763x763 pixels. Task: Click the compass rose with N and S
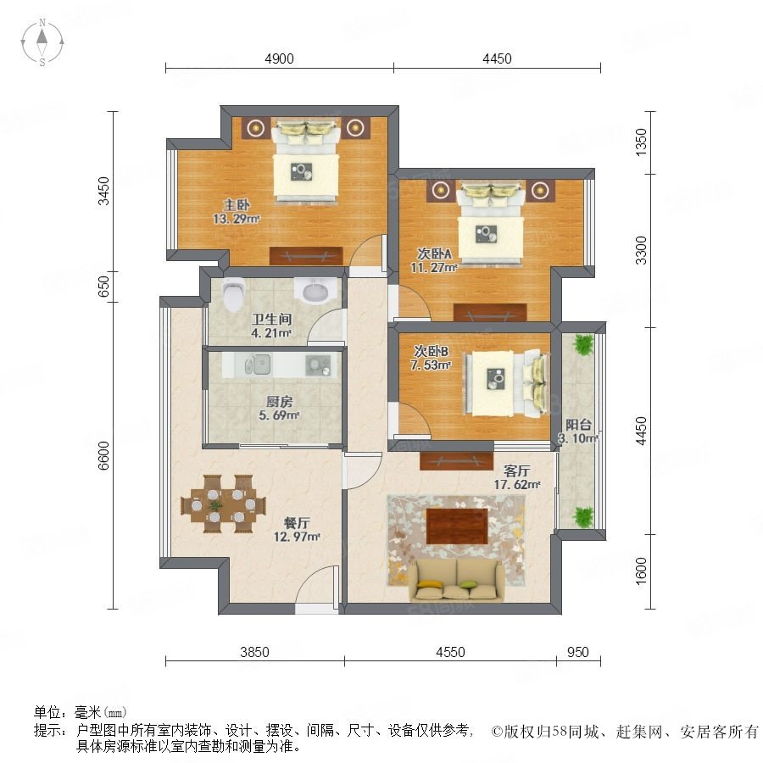(x=42, y=42)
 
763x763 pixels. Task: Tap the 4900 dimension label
(x=279, y=58)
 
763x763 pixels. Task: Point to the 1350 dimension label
(x=642, y=142)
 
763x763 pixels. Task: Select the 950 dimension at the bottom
(x=577, y=652)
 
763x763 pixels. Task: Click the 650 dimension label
(x=104, y=287)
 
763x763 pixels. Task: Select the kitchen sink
(x=258, y=365)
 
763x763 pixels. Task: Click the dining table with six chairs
(x=224, y=504)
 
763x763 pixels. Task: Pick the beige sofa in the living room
(x=457, y=580)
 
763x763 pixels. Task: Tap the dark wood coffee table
(x=457, y=526)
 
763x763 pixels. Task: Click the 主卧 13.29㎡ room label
(x=237, y=212)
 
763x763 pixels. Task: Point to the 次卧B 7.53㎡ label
(x=432, y=358)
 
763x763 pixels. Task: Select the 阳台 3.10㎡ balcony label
(x=577, y=432)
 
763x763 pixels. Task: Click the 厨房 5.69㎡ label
(x=279, y=409)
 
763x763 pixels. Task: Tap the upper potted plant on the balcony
(x=583, y=344)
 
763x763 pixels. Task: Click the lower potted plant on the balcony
(x=583, y=517)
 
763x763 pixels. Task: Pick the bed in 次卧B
(x=505, y=383)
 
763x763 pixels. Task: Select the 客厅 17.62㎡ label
(x=517, y=477)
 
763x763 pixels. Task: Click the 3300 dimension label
(x=642, y=250)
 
